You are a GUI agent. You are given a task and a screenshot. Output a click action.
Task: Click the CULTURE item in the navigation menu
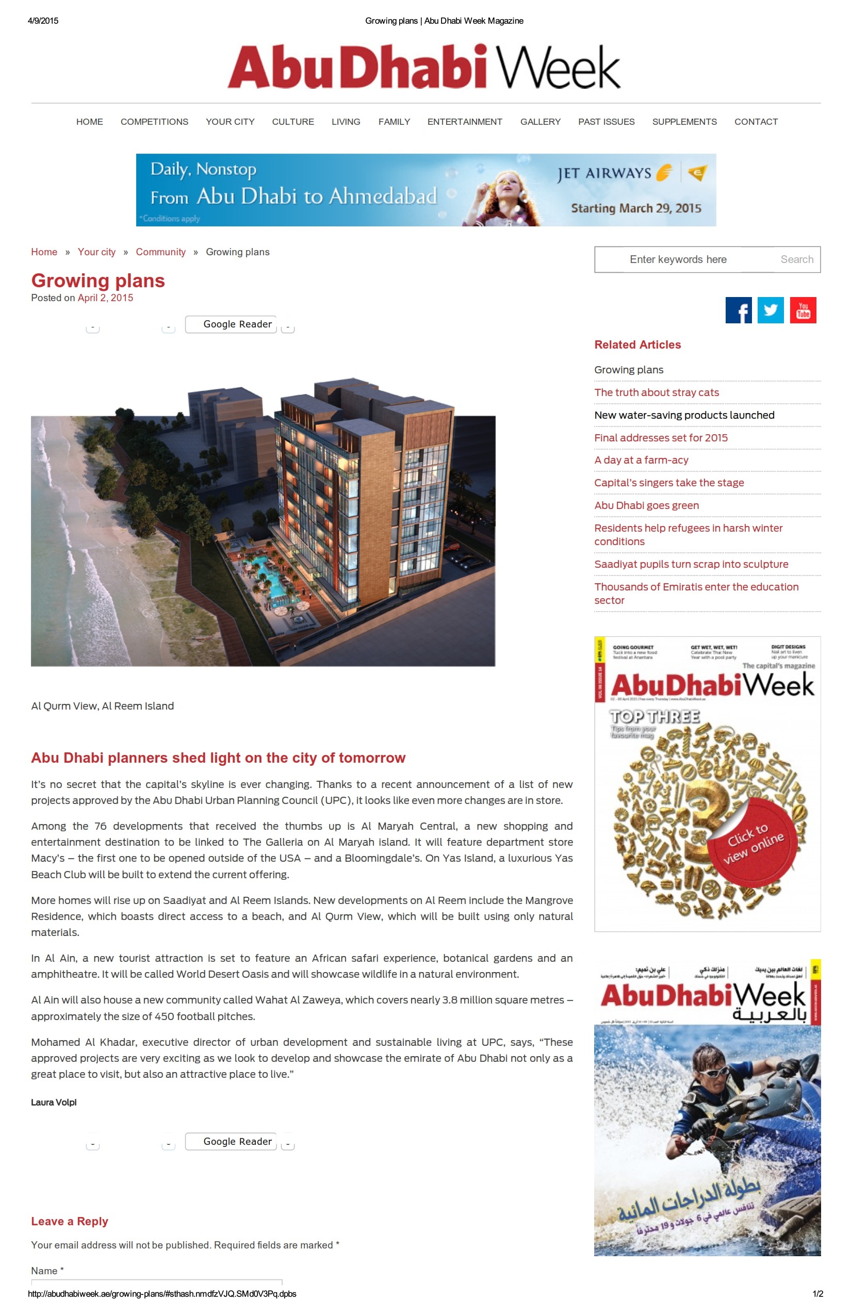[293, 122]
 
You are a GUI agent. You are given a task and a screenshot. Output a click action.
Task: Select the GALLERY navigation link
[540, 122]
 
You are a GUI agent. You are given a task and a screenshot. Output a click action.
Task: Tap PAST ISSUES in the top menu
[606, 122]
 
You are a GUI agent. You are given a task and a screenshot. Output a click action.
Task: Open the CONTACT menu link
[756, 122]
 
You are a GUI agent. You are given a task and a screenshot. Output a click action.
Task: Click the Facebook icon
[738, 310]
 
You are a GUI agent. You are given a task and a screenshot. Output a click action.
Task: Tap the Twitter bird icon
[771, 310]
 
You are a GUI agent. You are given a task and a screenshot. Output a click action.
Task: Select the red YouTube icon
[803, 310]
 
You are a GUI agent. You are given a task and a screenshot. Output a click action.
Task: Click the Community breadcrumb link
[161, 252]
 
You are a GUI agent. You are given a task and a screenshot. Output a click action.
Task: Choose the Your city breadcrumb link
[97, 252]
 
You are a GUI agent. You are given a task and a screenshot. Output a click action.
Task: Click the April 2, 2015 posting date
[105, 298]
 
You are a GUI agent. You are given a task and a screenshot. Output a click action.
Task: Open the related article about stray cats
[657, 392]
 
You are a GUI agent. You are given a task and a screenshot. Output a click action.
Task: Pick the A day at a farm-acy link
[641, 460]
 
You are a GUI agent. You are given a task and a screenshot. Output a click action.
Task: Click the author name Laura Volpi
[54, 1103]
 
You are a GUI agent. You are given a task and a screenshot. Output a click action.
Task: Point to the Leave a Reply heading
[70, 1221]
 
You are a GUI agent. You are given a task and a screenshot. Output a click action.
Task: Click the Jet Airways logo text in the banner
[604, 173]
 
